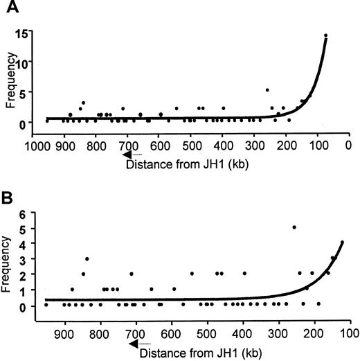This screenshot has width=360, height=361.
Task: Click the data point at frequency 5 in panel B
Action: (x=294, y=227)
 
